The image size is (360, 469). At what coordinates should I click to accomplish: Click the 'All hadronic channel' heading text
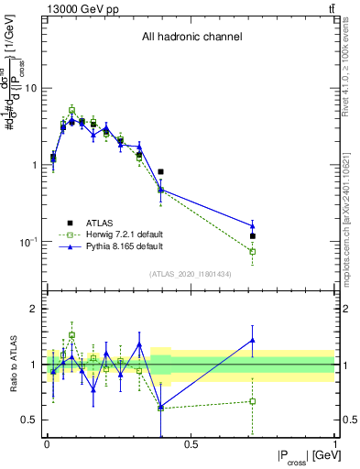pos(191,38)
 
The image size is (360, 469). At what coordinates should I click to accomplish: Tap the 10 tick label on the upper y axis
pos(30,89)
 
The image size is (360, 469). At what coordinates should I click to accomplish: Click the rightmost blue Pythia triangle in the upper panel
pos(252,225)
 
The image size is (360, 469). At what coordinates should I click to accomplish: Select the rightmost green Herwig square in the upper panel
pos(252,251)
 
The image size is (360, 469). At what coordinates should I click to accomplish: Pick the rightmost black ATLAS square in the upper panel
pos(252,236)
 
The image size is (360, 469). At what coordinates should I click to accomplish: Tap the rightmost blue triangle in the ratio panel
pos(252,340)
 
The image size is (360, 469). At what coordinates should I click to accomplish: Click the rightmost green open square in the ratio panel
pos(252,401)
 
